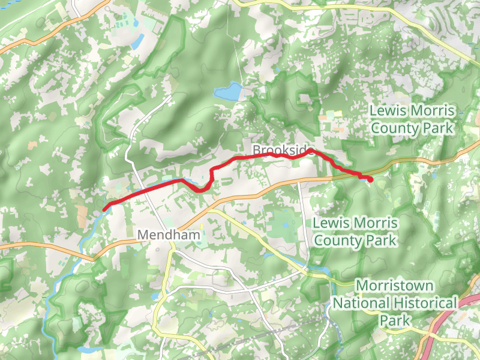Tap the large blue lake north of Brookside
[x=229, y=92]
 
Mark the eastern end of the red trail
[x=370, y=179]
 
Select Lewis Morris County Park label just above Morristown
[x=355, y=232]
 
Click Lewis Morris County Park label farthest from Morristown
[x=412, y=119]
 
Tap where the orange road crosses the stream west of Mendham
[x=93, y=259]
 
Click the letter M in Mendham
[x=145, y=235]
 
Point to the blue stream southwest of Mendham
[x=66, y=282]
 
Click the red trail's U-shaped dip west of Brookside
[x=203, y=190]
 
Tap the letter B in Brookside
[x=257, y=149]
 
